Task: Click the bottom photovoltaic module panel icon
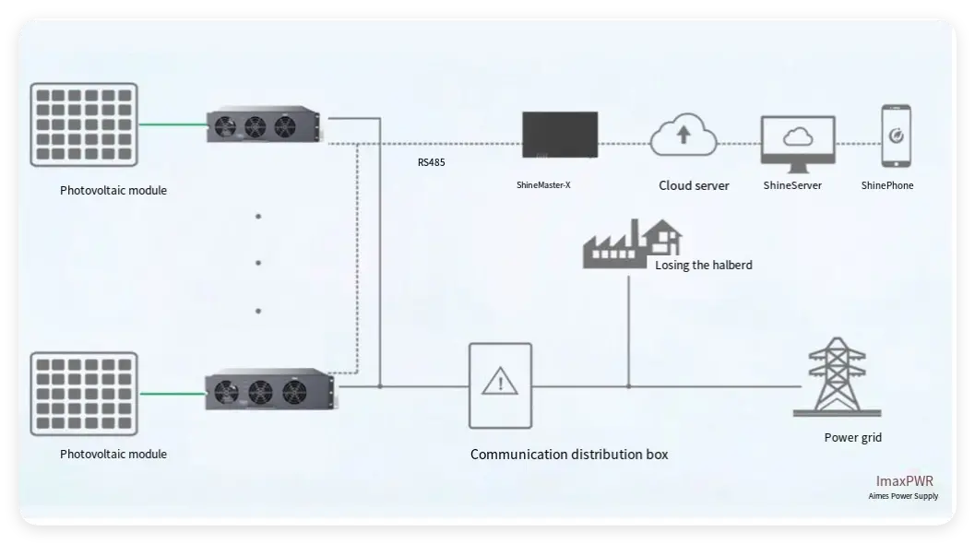coord(84,393)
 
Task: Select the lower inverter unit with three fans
coord(268,389)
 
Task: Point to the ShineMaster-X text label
coord(543,185)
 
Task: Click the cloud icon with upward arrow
coord(683,137)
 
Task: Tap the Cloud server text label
coord(694,185)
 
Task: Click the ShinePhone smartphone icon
coord(895,136)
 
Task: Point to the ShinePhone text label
coord(887,185)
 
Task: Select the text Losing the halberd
coord(703,266)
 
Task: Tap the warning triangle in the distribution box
coord(501,381)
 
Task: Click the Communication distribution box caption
coord(569,455)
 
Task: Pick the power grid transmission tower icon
coord(837,379)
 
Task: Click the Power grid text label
coord(852,437)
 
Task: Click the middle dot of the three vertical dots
coord(258,263)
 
